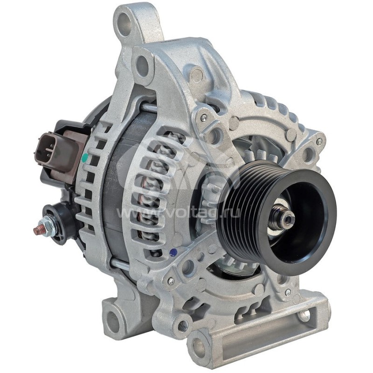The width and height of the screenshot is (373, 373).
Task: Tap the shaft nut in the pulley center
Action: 287,217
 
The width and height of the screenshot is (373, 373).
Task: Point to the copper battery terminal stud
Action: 37,229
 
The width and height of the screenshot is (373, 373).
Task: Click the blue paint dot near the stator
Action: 174,252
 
